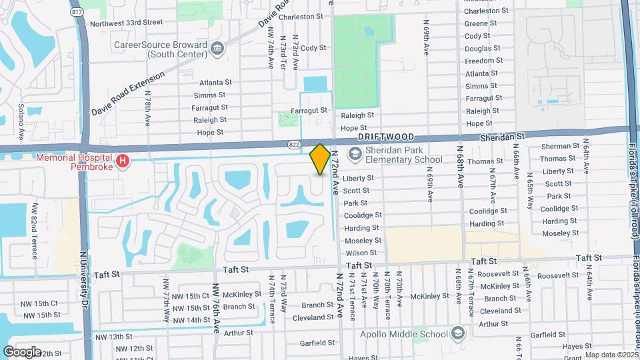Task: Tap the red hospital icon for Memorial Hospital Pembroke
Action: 122,161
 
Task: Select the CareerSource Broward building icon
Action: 217,48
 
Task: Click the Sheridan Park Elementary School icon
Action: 355,155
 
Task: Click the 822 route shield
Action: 294,144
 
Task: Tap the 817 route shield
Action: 77,11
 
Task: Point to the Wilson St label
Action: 361,253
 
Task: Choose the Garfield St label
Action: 317,343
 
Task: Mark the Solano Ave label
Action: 21,121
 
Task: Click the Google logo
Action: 22,351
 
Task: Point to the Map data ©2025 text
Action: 611,355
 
